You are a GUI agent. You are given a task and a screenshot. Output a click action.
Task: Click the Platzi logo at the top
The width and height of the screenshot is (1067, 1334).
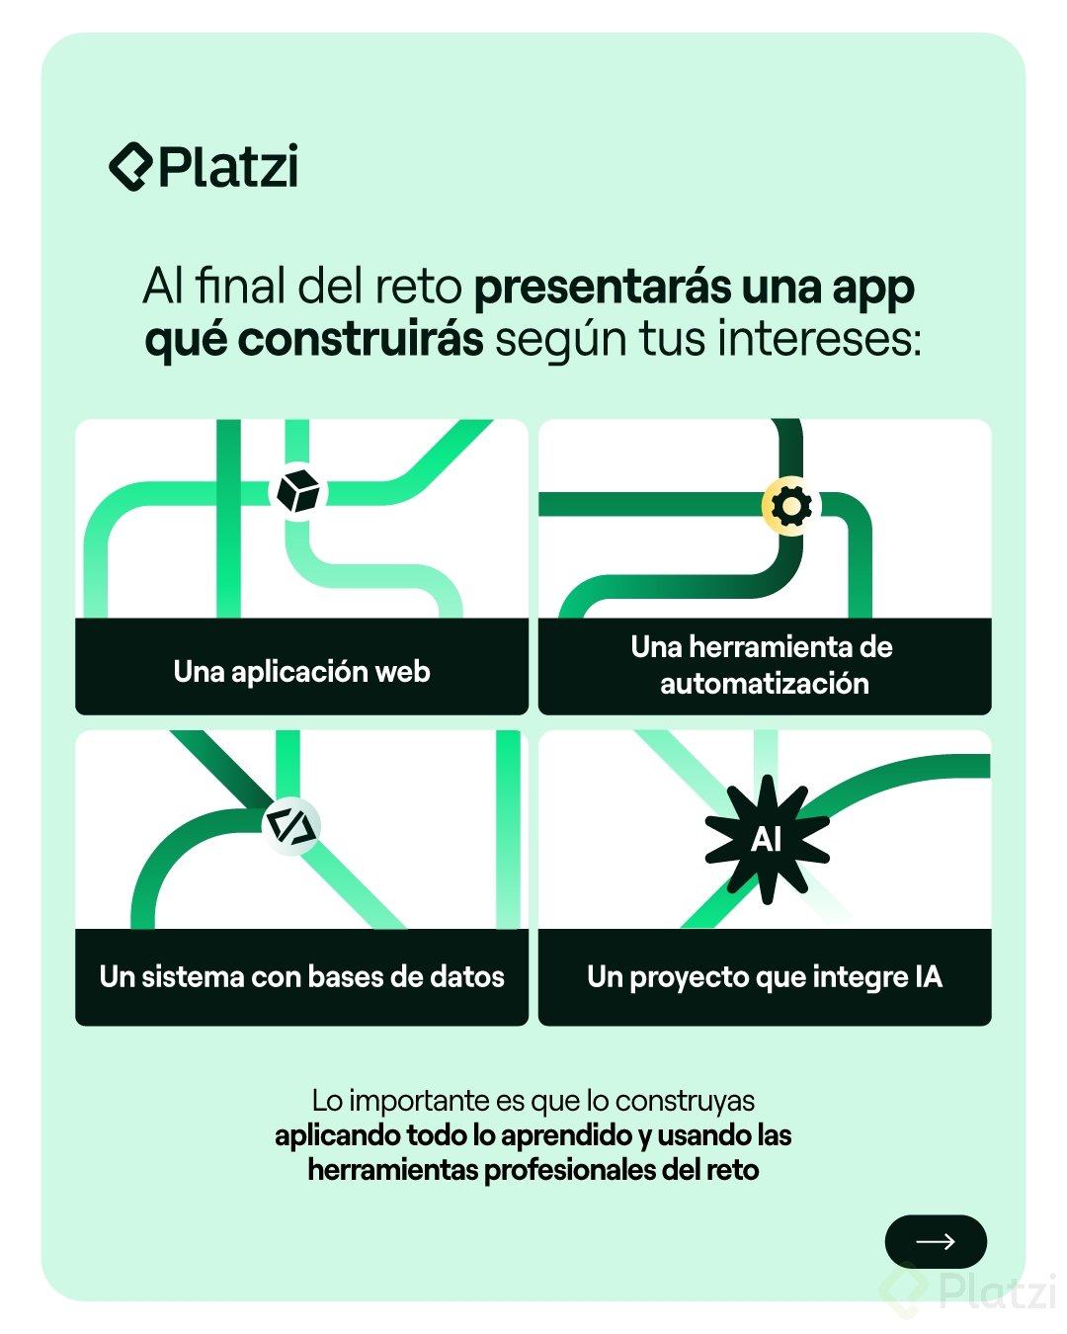(204, 167)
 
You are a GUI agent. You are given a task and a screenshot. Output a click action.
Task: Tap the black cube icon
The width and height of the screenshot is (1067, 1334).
(297, 491)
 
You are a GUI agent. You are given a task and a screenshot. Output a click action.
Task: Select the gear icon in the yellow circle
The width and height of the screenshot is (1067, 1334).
(790, 506)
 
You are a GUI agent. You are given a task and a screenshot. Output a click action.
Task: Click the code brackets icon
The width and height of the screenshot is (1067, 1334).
(291, 826)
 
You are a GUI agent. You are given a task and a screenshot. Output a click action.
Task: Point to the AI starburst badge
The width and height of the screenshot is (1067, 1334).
(767, 840)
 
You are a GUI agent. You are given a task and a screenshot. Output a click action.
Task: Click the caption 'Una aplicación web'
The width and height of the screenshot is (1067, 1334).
(301, 672)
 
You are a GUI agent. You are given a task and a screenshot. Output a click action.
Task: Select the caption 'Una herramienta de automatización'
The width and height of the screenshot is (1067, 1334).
(763, 665)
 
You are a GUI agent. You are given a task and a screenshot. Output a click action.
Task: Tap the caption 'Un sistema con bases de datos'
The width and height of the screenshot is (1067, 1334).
(301, 977)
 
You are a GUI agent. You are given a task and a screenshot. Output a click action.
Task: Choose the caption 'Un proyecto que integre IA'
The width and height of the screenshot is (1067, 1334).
(764, 977)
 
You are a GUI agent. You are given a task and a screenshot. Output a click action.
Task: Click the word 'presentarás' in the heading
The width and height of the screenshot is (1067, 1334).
(602, 288)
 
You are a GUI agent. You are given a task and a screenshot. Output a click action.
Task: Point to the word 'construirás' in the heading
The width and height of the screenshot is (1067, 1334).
(361, 340)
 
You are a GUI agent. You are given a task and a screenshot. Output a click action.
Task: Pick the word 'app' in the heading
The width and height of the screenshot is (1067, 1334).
(872, 288)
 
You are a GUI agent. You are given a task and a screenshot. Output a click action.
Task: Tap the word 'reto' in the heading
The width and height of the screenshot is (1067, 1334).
(424, 288)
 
